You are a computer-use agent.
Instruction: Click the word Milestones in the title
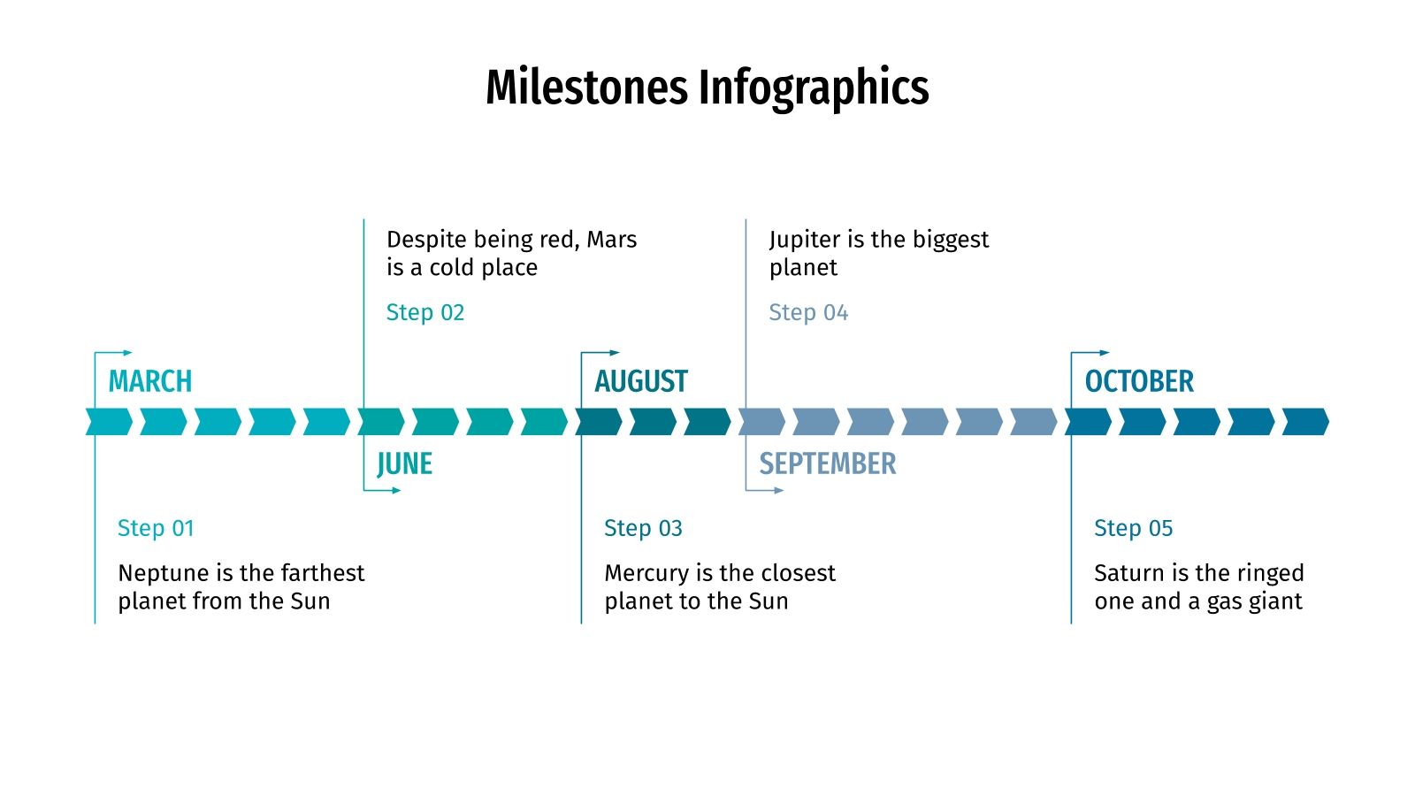586,88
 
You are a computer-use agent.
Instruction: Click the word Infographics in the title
814,88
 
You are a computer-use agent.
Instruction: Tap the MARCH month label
150,381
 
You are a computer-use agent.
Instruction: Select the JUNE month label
404,463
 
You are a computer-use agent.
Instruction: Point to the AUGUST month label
641,381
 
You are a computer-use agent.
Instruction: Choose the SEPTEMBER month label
828,463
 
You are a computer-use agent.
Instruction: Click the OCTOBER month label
1139,381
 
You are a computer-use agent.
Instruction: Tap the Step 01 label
156,528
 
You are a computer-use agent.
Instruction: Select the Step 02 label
425,312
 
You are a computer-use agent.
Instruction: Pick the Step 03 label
643,528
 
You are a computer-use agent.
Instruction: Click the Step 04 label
808,312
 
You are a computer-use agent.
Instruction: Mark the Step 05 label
1133,528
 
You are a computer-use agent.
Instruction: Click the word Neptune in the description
164,573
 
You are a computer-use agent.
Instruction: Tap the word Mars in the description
611,240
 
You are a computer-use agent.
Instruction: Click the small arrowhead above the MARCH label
128,353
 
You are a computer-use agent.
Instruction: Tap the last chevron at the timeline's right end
1305,422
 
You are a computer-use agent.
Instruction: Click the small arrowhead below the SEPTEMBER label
779,490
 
